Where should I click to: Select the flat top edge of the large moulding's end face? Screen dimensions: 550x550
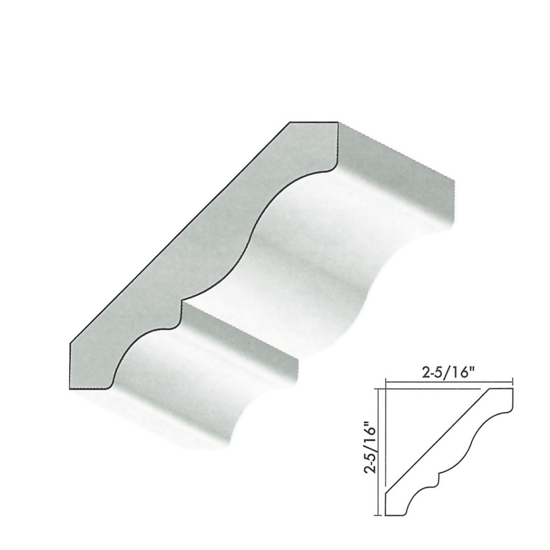click(314, 122)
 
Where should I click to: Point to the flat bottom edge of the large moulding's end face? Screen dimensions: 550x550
click(90, 388)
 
